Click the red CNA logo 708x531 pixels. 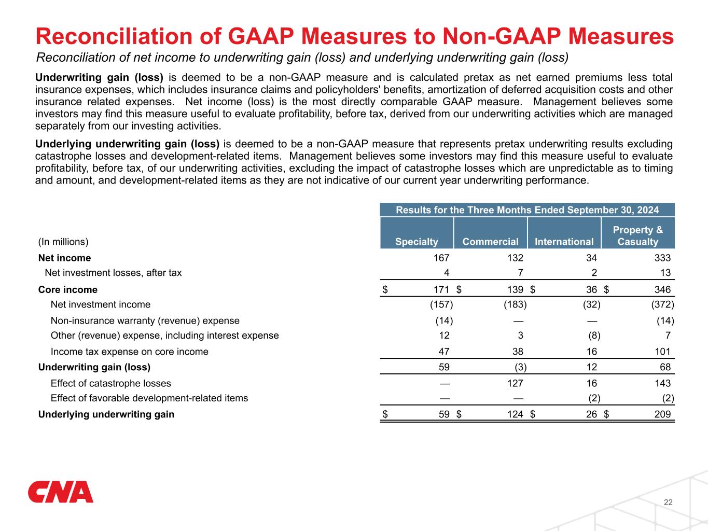coord(61,492)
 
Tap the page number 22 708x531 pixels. coord(668,502)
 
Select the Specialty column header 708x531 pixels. coord(417,242)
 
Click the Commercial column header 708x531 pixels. coord(490,242)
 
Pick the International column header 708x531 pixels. coord(564,242)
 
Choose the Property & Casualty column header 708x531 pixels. coord(638,235)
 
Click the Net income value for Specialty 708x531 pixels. coord(441,258)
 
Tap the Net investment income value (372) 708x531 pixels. coord(662,305)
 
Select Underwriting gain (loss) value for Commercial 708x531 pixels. coord(520,368)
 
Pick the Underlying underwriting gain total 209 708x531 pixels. coord(662,415)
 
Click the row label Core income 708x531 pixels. coord(68,290)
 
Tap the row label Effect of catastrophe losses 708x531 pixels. coord(110,384)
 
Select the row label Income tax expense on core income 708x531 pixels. coord(129,352)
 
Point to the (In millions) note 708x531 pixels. coord(63,242)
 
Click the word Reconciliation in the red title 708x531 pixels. coord(127,37)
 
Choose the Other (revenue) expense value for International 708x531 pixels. coord(594,336)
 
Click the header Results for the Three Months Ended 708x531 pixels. coord(527,210)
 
